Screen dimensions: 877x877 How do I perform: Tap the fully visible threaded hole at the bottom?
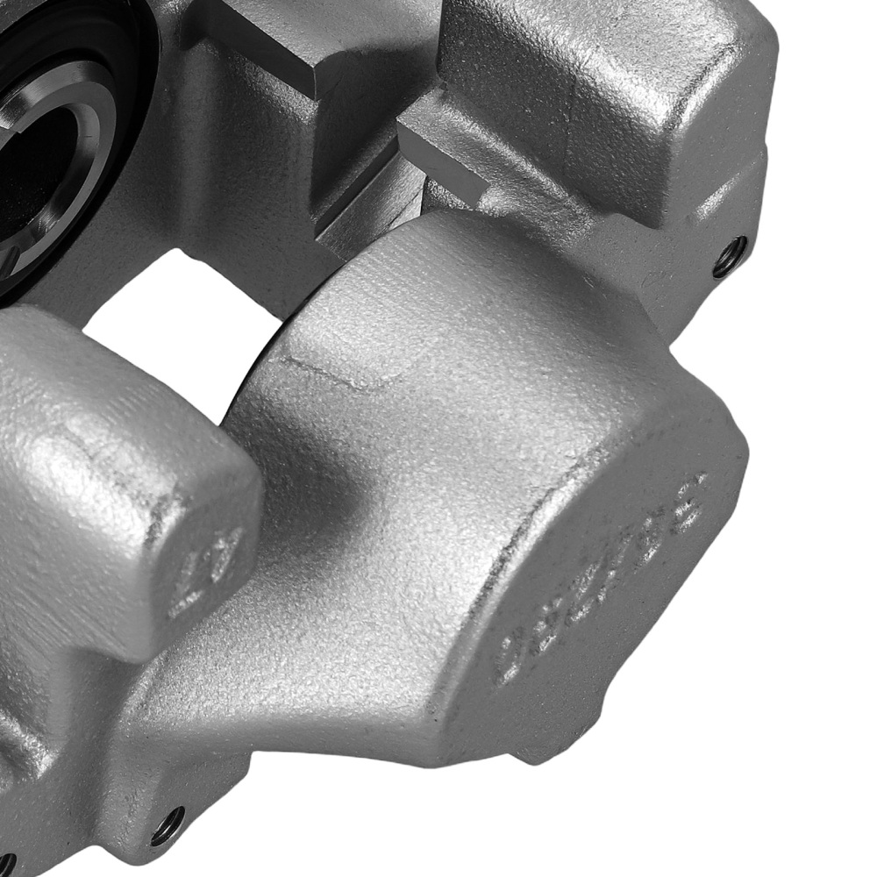click(x=168, y=826)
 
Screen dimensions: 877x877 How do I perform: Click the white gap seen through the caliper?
click(x=175, y=316)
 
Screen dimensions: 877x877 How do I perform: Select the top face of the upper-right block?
click(x=605, y=79)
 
